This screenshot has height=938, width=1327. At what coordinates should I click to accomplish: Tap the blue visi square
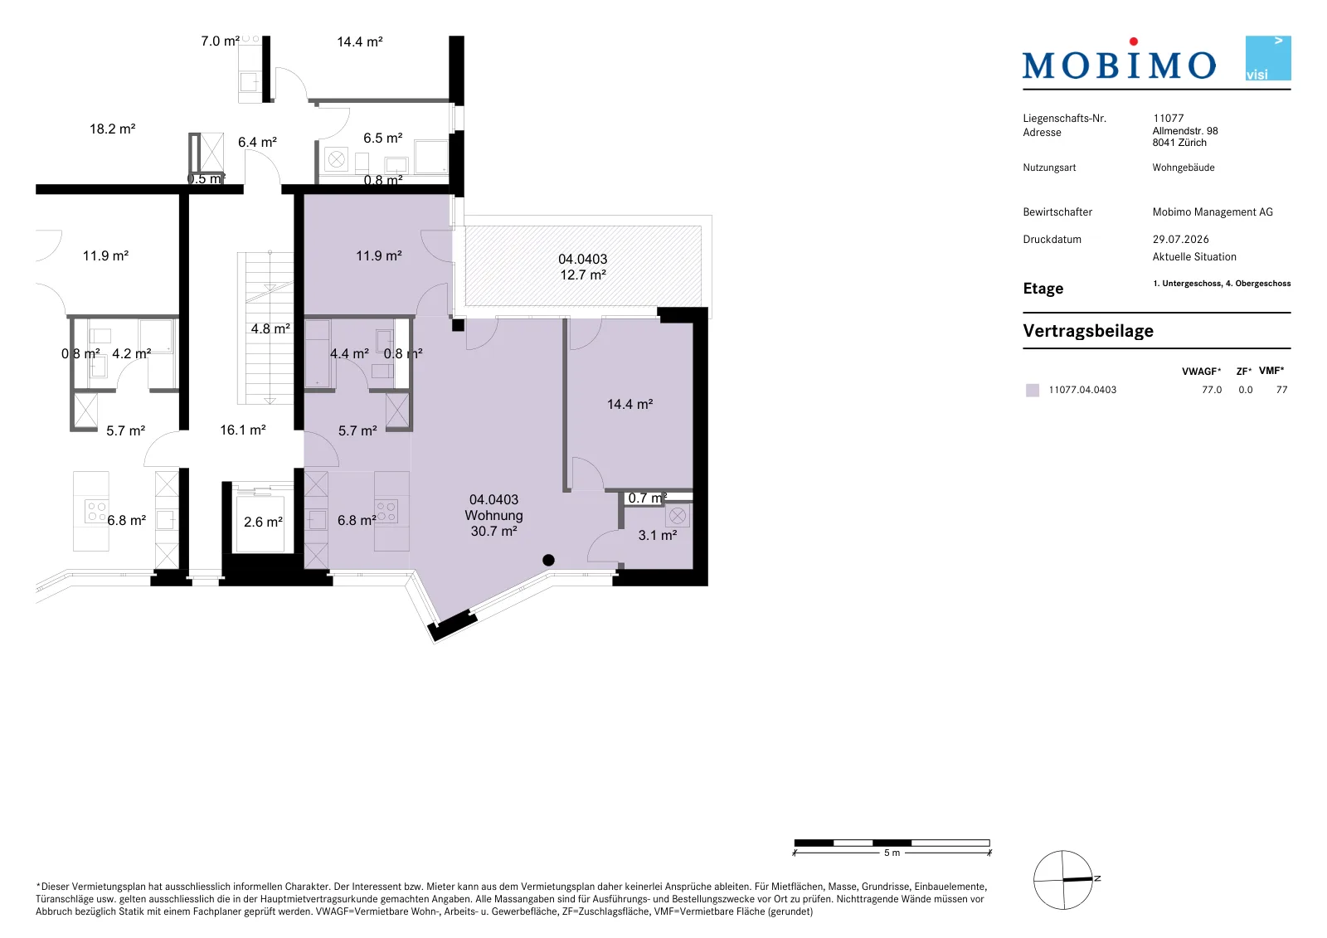(1268, 58)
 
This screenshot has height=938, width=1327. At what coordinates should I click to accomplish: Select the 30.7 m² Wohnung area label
(493, 531)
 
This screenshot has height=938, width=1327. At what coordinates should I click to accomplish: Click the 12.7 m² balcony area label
(583, 275)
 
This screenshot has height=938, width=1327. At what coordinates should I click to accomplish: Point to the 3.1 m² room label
(658, 535)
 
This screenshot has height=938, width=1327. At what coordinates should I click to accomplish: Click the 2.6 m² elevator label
(263, 522)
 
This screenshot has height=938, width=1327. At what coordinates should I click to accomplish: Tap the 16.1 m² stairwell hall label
(243, 430)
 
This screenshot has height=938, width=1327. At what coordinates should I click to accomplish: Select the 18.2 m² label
(113, 129)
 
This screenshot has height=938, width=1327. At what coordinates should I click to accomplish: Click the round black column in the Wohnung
(548, 560)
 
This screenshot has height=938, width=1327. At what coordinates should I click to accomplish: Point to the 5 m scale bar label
(892, 853)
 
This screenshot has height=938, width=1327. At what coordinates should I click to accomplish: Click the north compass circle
(1062, 880)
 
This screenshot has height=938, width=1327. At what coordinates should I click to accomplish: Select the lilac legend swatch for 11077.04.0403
(1033, 390)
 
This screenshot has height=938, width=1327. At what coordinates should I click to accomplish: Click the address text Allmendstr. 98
(1185, 130)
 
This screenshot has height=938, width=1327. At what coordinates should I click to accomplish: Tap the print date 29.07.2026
(1181, 240)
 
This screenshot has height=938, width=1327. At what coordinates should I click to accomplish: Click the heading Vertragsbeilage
(1088, 331)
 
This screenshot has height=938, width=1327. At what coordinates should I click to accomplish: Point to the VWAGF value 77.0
(1212, 390)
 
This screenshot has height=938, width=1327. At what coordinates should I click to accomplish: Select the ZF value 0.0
(1245, 390)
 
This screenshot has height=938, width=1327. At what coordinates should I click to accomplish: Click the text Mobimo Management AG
(1213, 211)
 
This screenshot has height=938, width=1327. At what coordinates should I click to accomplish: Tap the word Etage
(1043, 289)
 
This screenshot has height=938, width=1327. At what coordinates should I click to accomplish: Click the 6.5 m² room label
(382, 138)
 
